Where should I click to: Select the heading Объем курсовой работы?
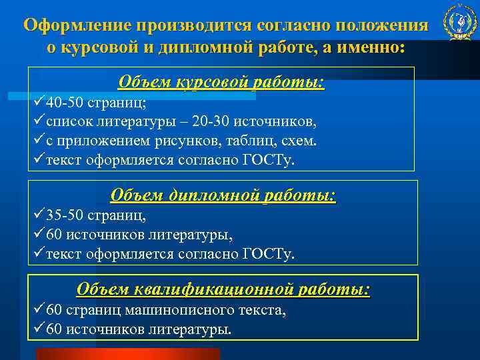pos(221,82)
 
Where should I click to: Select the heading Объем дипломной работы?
pos(223,195)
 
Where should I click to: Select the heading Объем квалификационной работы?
pos(223,289)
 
